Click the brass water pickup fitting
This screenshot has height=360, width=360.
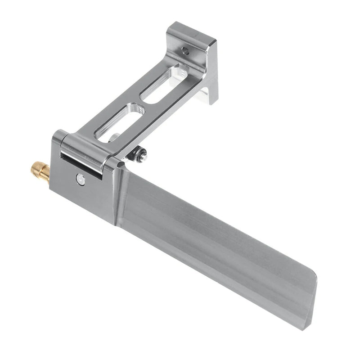tap(40, 171)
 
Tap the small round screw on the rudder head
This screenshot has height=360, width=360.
tap(81, 180)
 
